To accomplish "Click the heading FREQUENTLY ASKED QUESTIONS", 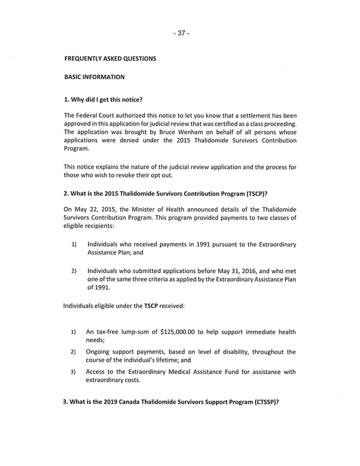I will pos(110,59).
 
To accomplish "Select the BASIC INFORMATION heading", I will pos(94,77).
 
